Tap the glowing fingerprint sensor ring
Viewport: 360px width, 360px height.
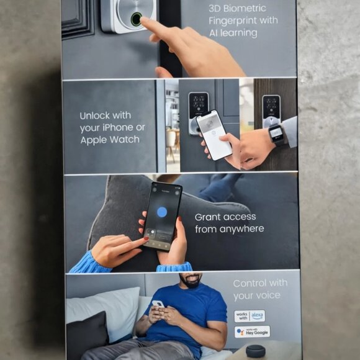[136, 19]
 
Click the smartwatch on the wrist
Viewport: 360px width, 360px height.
[276, 133]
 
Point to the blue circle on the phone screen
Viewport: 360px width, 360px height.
[161, 212]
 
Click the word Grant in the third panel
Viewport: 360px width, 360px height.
[210, 217]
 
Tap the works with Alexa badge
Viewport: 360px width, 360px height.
[250, 315]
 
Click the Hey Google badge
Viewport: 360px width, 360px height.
[252, 331]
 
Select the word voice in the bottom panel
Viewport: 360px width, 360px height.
[266, 295]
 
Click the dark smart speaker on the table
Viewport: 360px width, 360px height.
[256, 351]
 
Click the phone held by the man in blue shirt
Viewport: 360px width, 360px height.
[158, 304]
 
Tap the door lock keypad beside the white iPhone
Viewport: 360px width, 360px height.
[198, 110]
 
